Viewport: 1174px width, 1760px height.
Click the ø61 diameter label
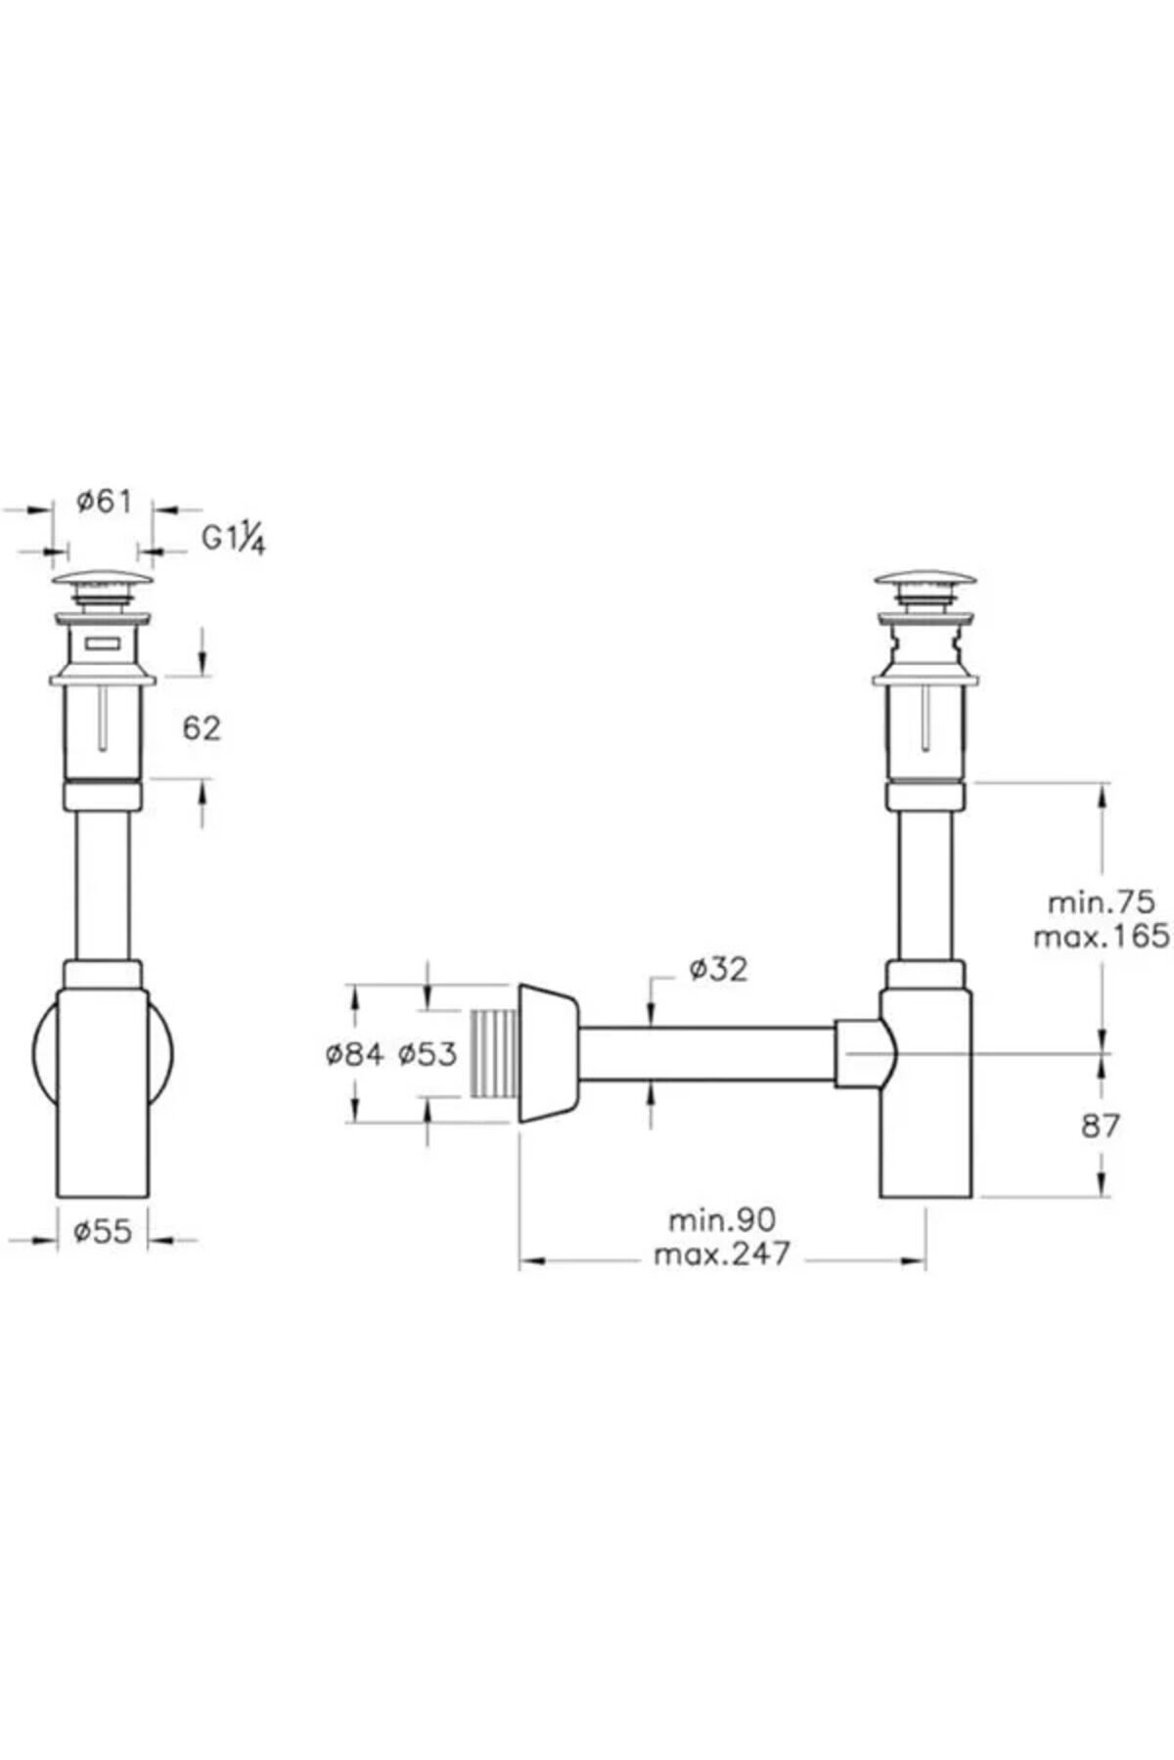[x=104, y=503]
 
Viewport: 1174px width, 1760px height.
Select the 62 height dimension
[x=203, y=727]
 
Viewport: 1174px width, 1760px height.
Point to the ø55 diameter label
[x=103, y=1231]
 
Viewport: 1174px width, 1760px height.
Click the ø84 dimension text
[x=354, y=1054]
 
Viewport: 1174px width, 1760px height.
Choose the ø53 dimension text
[x=428, y=1054]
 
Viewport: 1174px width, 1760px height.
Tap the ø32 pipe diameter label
[x=717, y=969]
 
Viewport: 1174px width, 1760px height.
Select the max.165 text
[x=1102, y=936]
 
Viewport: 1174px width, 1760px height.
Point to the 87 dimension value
[x=1101, y=1126]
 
